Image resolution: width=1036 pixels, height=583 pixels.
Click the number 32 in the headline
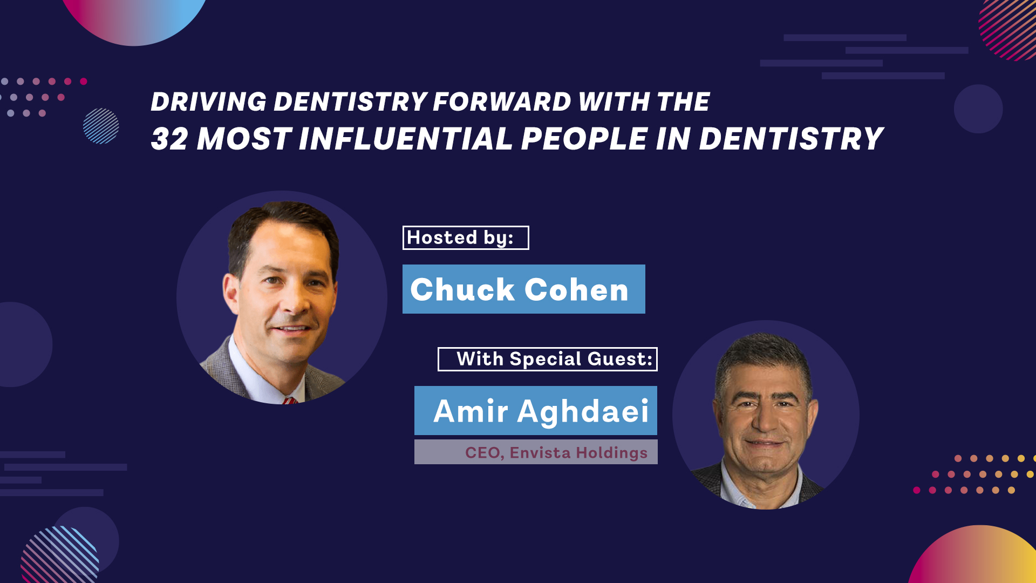click(x=169, y=139)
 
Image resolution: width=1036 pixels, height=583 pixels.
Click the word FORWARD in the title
click(x=502, y=102)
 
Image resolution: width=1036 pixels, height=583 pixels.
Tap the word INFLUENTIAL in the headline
click(x=405, y=139)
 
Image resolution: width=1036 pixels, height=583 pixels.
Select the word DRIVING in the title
click(x=208, y=102)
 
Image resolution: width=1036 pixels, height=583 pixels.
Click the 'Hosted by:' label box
click(x=465, y=238)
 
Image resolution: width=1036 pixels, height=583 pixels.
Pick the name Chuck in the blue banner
click(x=462, y=290)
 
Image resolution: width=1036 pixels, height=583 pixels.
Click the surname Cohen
click(x=576, y=290)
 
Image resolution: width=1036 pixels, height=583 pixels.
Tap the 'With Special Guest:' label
click(x=548, y=360)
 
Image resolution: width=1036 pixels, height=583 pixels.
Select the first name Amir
click(x=471, y=411)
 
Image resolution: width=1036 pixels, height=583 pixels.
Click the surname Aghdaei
click(x=583, y=411)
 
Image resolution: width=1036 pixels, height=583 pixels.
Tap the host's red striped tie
click(x=289, y=401)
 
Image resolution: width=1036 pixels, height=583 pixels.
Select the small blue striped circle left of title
click(x=101, y=126)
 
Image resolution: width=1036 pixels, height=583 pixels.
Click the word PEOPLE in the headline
click(x=584, y=139)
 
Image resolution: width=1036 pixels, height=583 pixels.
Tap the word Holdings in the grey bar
click(x=611, y=452)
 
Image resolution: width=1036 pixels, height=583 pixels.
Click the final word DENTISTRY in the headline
click(x=790, y=139)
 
